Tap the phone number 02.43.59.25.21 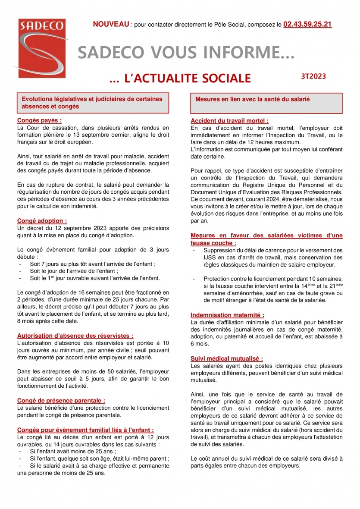307,25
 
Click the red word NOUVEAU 111,25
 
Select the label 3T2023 313,76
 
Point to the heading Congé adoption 42,221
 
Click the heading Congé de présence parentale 61,400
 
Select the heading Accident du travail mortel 229,121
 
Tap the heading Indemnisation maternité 227,315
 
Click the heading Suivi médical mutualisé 226,358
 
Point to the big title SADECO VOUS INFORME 186,53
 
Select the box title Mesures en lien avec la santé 253,99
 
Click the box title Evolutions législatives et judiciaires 92,103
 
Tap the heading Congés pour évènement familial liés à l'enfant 85,430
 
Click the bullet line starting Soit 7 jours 92,264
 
